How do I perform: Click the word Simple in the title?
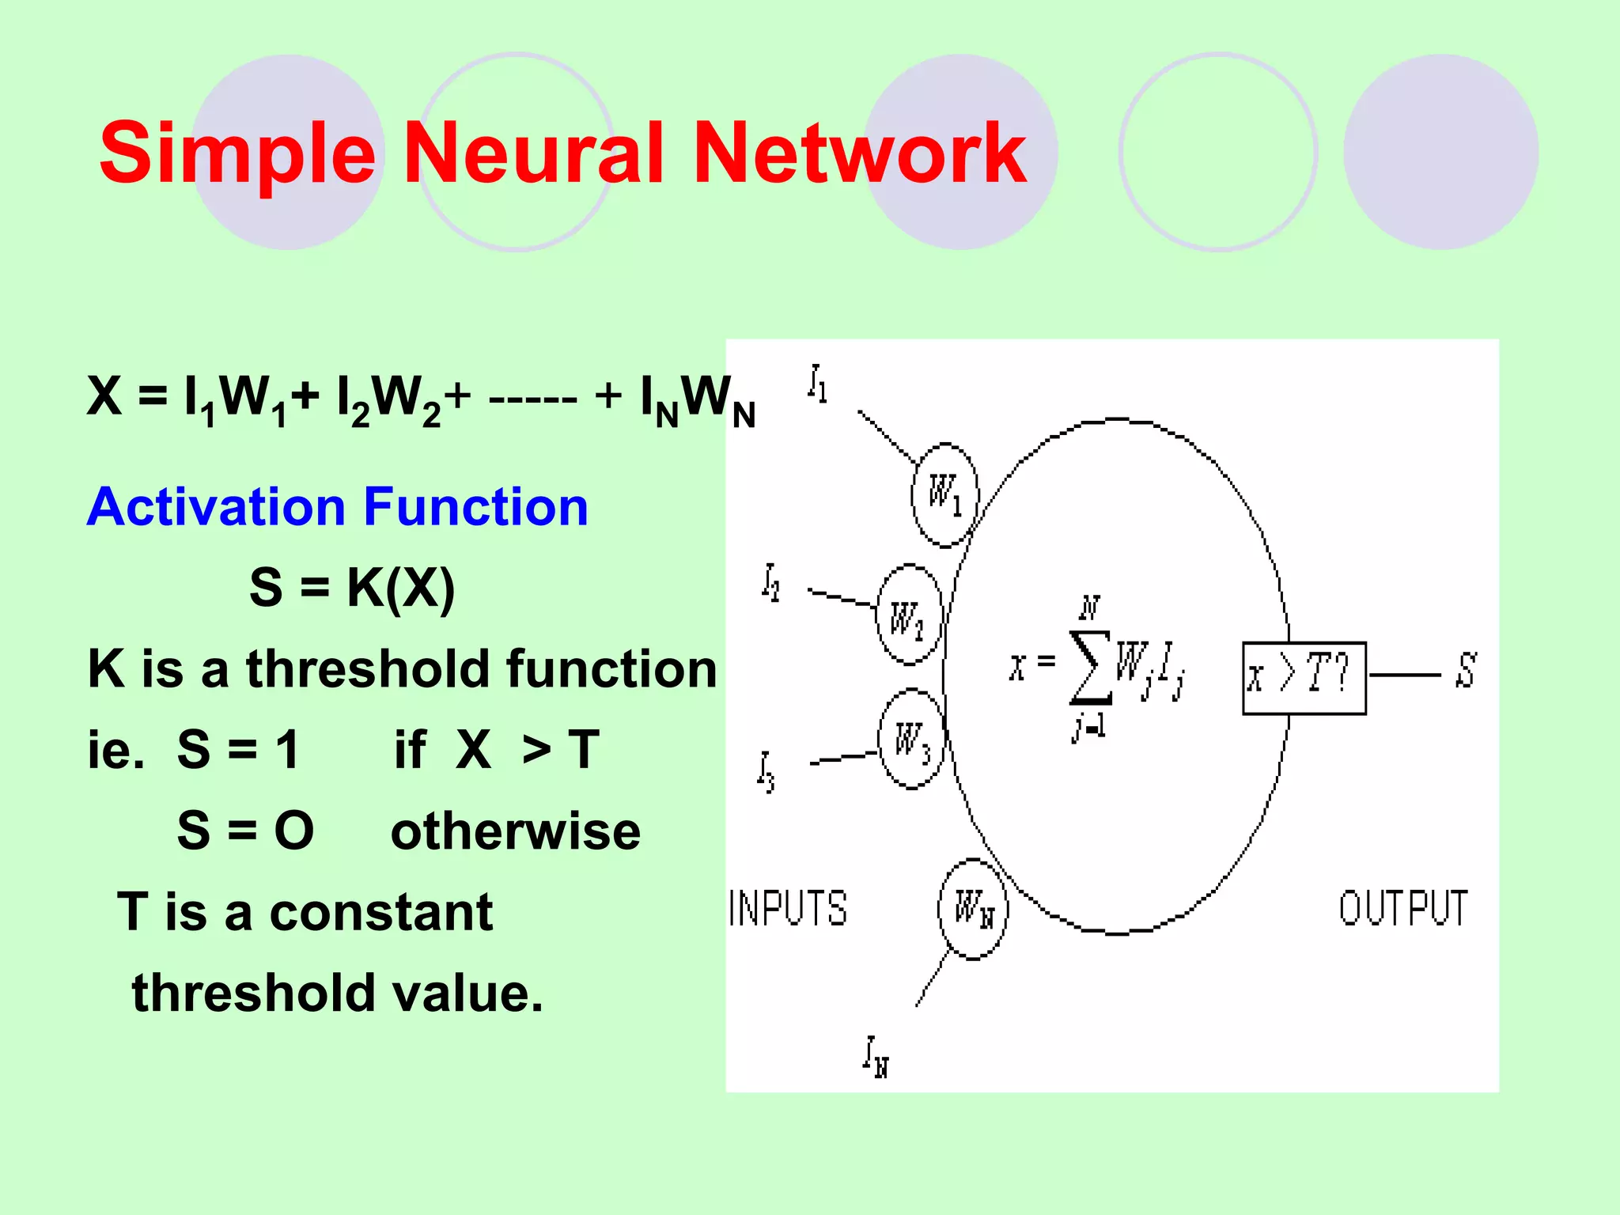[x=237, y=154]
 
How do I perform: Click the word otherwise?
[x=516, y=831]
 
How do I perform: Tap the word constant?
[x=381, y=912]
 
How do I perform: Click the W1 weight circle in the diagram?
[x=944, y=494]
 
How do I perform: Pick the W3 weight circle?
[x=910, y=740]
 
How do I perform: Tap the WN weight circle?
[x=972, y=908]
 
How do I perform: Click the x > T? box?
[x=1304, y=678]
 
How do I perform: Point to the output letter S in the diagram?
[x=1466, y=671]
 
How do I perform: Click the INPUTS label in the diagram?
[x=788, y=908]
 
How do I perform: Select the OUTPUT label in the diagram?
[x=1403, y=908]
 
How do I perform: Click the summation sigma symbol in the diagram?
[x=1090, y=667]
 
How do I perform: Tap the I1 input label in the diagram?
[x=818, y=384]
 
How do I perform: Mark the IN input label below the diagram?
[x=876, y=1057]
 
